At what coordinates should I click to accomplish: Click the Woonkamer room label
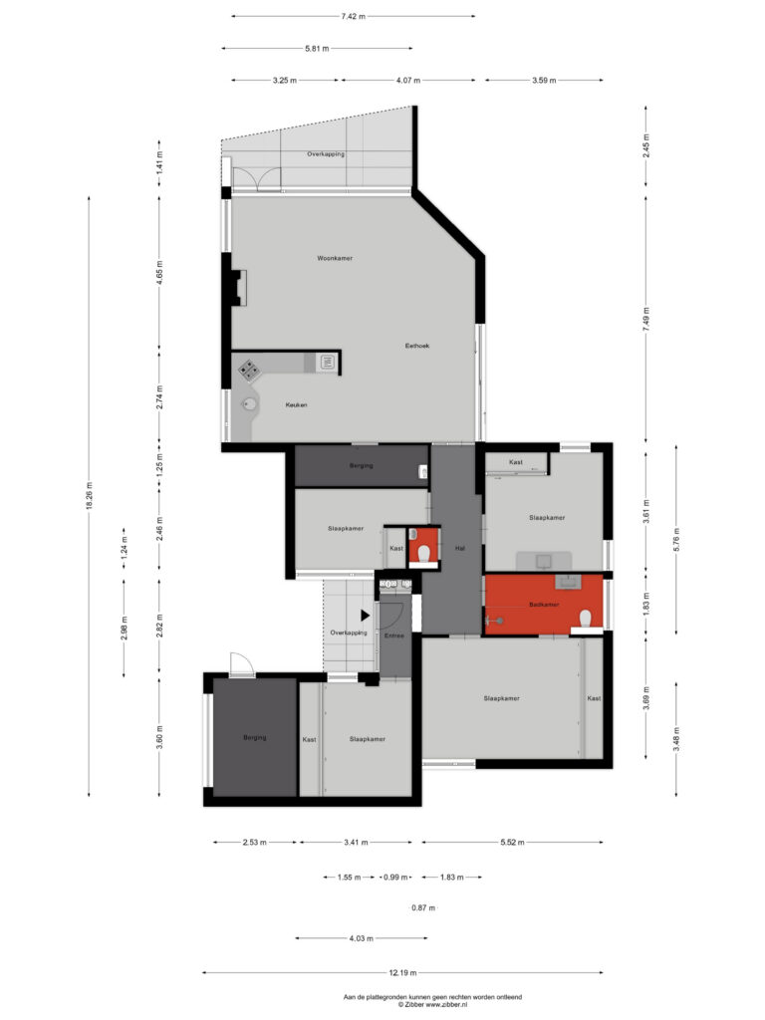click(335, 258)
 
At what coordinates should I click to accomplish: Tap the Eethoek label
click(417, 346)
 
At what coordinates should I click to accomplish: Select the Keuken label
click(296, 404)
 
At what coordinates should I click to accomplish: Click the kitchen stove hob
click(249, 371)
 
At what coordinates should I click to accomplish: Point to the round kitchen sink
click(250, 405)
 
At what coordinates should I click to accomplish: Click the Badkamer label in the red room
click(544, 605)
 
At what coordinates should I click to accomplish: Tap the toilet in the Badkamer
click(586, 618)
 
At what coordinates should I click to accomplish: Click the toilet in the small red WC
click(424, 554)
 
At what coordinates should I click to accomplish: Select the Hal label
click(460, 549)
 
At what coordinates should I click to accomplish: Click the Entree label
click(394, 636)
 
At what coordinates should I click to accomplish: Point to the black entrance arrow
click(366, 615)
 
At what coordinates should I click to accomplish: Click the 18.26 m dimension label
click(90, 496)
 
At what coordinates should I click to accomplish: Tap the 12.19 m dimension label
click(402, 973)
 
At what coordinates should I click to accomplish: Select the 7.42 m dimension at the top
click(354, 16)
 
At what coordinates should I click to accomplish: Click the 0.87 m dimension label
click(423, 907)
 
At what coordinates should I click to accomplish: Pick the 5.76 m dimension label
click(676, 539)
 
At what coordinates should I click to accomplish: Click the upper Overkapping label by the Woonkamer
click(326, 154)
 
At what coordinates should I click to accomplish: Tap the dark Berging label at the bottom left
click(254, 738)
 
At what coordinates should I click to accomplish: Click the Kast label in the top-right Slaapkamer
click(516, 462)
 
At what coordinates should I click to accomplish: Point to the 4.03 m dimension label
click(361, 938)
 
